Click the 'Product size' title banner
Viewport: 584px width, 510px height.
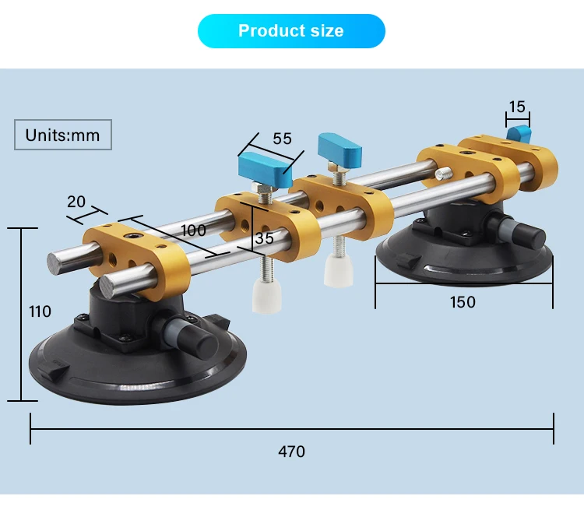(x=291, y=31)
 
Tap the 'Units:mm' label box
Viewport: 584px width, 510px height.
(x=63, y=135)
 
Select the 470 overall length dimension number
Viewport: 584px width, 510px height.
(x=292, y=451)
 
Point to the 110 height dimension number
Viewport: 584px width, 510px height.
(x=40, y=311)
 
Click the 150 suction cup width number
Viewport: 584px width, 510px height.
(x=463, y=301)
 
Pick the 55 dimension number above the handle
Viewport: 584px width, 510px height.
(x=282, y=139)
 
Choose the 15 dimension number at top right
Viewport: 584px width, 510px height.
(x=517, y=107)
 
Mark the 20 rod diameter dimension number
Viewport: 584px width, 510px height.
(x=76, y=201)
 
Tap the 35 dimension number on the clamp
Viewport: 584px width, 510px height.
(x=265, y=239)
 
